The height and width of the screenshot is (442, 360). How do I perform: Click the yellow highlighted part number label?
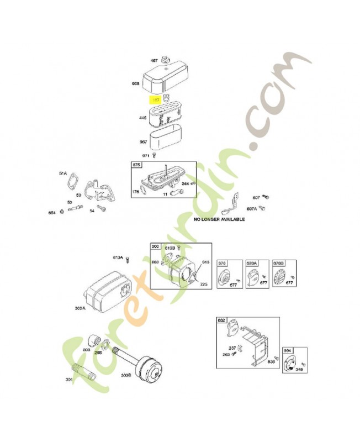[x=156, y=100]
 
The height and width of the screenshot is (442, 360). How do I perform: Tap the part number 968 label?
[x=135, y=84]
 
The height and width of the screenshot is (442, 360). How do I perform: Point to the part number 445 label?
[x=142, y=118]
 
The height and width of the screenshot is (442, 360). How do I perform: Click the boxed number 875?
[x=136, y=165]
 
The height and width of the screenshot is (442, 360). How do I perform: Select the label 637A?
[x=251, y=209]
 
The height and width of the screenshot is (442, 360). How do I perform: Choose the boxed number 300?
[x=155, y=246]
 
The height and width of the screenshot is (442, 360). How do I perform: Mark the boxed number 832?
[x=221, y=320]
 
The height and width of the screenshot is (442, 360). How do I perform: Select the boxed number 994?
[x=288, y=350]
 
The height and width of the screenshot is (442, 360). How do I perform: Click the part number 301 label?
[x=69, y=379]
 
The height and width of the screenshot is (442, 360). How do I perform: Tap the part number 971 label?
[x=146, y=156]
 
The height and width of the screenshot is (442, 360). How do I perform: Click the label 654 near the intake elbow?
[x=52, y=212]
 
